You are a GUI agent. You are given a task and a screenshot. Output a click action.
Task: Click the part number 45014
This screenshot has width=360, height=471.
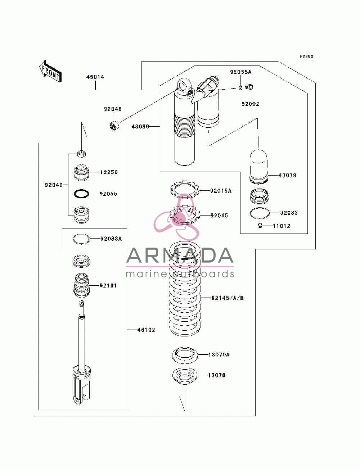click(95, 77)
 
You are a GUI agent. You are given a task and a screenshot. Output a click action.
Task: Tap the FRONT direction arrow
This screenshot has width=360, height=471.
click(50, 71)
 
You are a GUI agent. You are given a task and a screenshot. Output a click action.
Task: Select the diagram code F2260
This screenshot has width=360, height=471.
click(306, 56)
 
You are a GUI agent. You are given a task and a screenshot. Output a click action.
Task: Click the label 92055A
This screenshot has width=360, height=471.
click(240, 72)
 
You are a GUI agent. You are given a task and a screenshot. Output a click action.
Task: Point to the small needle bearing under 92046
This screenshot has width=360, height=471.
click(114, 125)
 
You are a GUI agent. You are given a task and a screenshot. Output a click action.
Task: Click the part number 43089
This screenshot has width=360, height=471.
click(140, 127)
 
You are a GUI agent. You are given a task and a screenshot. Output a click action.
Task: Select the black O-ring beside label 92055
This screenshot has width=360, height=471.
click(81, 194)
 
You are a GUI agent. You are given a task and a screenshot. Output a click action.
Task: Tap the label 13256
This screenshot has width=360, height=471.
click(109, 172)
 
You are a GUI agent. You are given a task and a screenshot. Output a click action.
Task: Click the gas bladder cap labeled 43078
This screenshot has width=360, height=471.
click(259, 167)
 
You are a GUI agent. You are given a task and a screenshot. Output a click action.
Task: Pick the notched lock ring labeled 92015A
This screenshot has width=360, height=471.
click(185, 189)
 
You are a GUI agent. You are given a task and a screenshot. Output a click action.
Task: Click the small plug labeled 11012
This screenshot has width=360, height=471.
click(260, 226)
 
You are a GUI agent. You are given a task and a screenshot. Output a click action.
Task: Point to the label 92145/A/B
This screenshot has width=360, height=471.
click(228, 298)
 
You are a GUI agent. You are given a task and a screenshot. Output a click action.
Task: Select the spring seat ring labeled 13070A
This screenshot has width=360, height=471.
click(185, 355)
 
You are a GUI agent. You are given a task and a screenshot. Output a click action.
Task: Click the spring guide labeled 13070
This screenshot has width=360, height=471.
click(185, 376)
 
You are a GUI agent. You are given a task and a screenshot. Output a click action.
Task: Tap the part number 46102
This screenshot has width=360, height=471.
click(146, 330)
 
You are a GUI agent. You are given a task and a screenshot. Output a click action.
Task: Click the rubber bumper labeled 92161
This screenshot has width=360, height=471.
click(81, 285)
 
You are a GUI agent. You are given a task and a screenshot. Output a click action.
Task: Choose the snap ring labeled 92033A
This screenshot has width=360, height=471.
click(81, 239)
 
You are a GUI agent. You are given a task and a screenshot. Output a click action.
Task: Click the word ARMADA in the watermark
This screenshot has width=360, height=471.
click(180, 255)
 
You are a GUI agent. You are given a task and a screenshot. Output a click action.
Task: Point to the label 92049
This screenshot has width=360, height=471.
click(54, 185)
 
